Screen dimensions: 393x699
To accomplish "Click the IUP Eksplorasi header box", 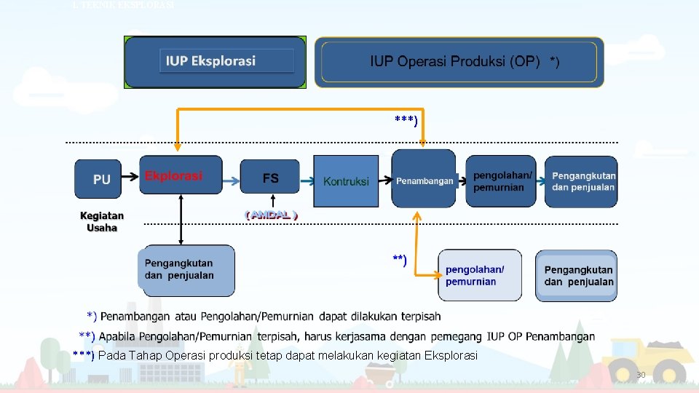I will [x=216, y=62].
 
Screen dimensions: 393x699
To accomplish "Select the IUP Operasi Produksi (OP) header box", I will [x=459, y=62].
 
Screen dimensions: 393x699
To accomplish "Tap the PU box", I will [x=102, y=178].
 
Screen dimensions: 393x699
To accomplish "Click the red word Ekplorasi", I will [x=173, y=176].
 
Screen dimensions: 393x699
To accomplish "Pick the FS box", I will [x=269, y=178].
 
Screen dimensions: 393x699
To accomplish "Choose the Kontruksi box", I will [x=346, y=181].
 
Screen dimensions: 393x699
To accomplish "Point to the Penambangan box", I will [x=424, y=180].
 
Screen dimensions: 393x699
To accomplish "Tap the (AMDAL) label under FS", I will [x=271, y=215].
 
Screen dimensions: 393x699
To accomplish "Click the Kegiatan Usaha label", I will [x=102, y=221].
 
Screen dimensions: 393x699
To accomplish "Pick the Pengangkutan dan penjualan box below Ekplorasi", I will [x=186, y=270].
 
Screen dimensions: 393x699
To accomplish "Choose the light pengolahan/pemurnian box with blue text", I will [x=479, y=275].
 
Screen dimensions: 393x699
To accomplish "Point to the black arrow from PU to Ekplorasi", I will [x=130, y=176].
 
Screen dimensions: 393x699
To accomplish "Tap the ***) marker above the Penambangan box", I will [x=406, y=119].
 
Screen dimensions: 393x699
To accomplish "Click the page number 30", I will [x=641, y=375].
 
